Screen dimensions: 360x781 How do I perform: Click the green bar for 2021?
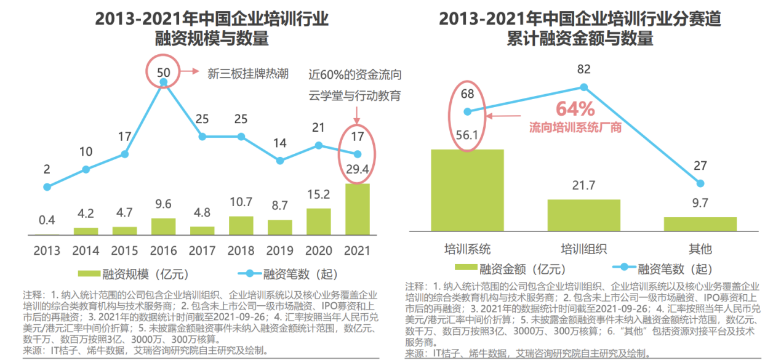point(357,209)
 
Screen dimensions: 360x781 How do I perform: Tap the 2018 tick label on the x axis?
point(241,250)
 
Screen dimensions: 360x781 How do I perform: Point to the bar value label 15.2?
point(319,195)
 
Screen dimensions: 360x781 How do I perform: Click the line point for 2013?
point(47,186)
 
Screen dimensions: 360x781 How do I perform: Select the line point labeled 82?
point(584,87)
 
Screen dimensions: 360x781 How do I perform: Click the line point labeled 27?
point(700,183)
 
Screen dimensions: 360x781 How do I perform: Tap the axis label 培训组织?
point(583,249)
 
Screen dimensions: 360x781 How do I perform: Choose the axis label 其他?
point(700,249)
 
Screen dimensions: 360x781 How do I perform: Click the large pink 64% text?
point(575,109)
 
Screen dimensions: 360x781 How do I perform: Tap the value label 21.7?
point(583,185)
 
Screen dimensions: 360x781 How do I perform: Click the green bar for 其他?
point(700,224)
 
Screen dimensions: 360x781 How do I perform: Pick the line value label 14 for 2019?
point(280,143)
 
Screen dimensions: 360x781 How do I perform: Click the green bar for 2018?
point(241,225)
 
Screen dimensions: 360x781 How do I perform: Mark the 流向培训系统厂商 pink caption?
point(575,128)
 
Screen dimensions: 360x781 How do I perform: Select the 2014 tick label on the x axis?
point(86,250)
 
